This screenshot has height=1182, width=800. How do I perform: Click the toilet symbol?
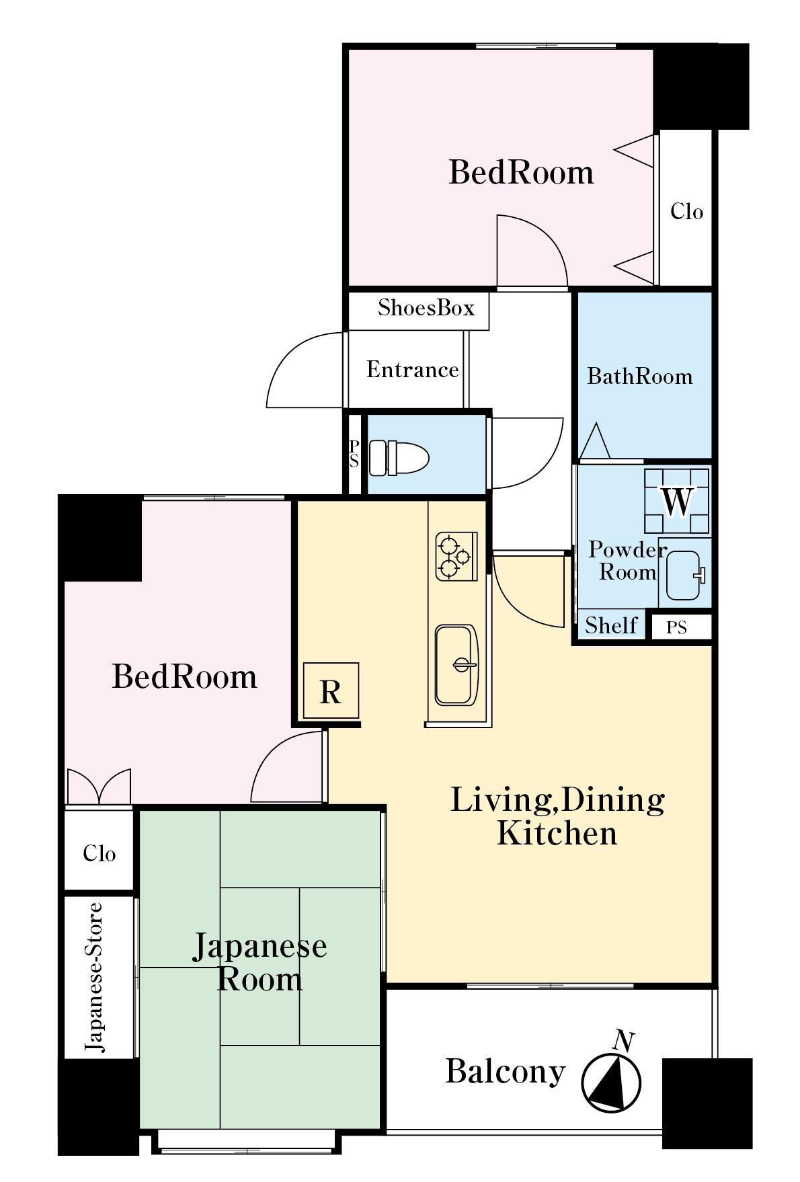point(399,457)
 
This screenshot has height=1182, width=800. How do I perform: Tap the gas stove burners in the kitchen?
point(456,556)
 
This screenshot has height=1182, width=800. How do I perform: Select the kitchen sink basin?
point(456,665)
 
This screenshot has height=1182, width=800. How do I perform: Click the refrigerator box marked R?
point(330,691)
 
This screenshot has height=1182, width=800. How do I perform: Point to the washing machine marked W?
point(676,501)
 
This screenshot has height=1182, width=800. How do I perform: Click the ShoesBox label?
point(426,307)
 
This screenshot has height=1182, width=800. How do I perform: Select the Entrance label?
point(412,369)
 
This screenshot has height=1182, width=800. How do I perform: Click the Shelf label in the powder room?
point(611,625)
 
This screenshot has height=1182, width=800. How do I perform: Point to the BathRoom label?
point(639,376)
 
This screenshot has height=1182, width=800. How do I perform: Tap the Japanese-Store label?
point(95,977)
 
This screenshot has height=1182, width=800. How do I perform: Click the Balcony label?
point(505,1071)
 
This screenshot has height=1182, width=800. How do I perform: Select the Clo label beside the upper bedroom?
point(686,212)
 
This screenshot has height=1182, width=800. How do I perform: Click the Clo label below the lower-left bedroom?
point(99,853)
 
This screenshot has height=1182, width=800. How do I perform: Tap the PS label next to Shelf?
point(676,627)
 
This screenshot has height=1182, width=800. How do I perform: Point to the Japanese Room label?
point(259,962)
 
